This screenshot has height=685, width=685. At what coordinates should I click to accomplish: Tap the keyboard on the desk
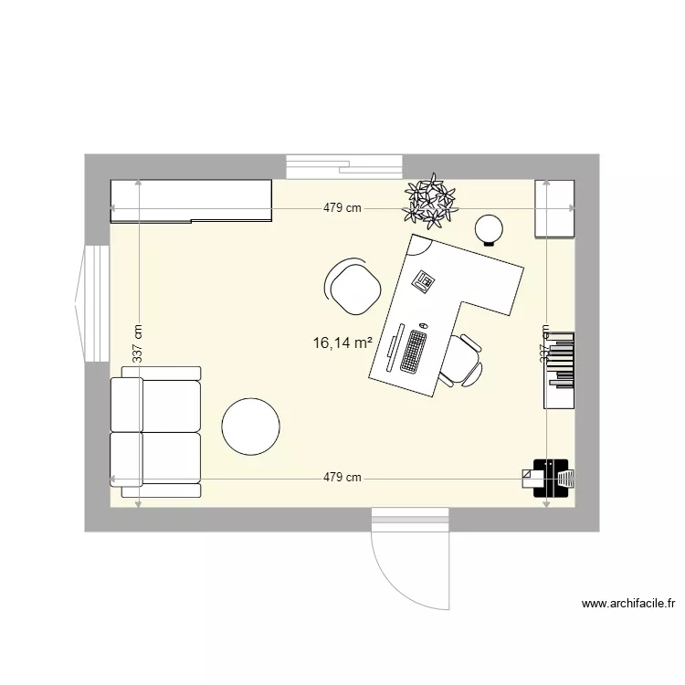(414, 351)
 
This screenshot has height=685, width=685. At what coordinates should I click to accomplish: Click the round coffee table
(250, 426)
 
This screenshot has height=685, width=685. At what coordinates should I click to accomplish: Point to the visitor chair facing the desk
(353, 286)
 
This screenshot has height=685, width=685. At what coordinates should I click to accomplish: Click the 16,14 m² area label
(342, 343)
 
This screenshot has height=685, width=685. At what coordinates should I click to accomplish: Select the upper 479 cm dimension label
(342, 208)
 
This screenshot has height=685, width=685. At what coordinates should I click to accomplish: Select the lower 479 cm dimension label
(342, 477)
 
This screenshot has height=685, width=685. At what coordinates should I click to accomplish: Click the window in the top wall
(344, 166)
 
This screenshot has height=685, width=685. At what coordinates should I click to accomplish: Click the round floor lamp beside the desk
(490, 228)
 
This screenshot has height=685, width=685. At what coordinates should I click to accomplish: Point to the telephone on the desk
(423, 280)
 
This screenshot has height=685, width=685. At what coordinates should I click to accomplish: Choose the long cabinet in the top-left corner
(191, 201)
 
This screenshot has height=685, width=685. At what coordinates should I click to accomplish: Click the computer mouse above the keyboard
(424, 324)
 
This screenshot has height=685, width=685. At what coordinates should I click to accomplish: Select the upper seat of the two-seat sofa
(155, 406)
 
